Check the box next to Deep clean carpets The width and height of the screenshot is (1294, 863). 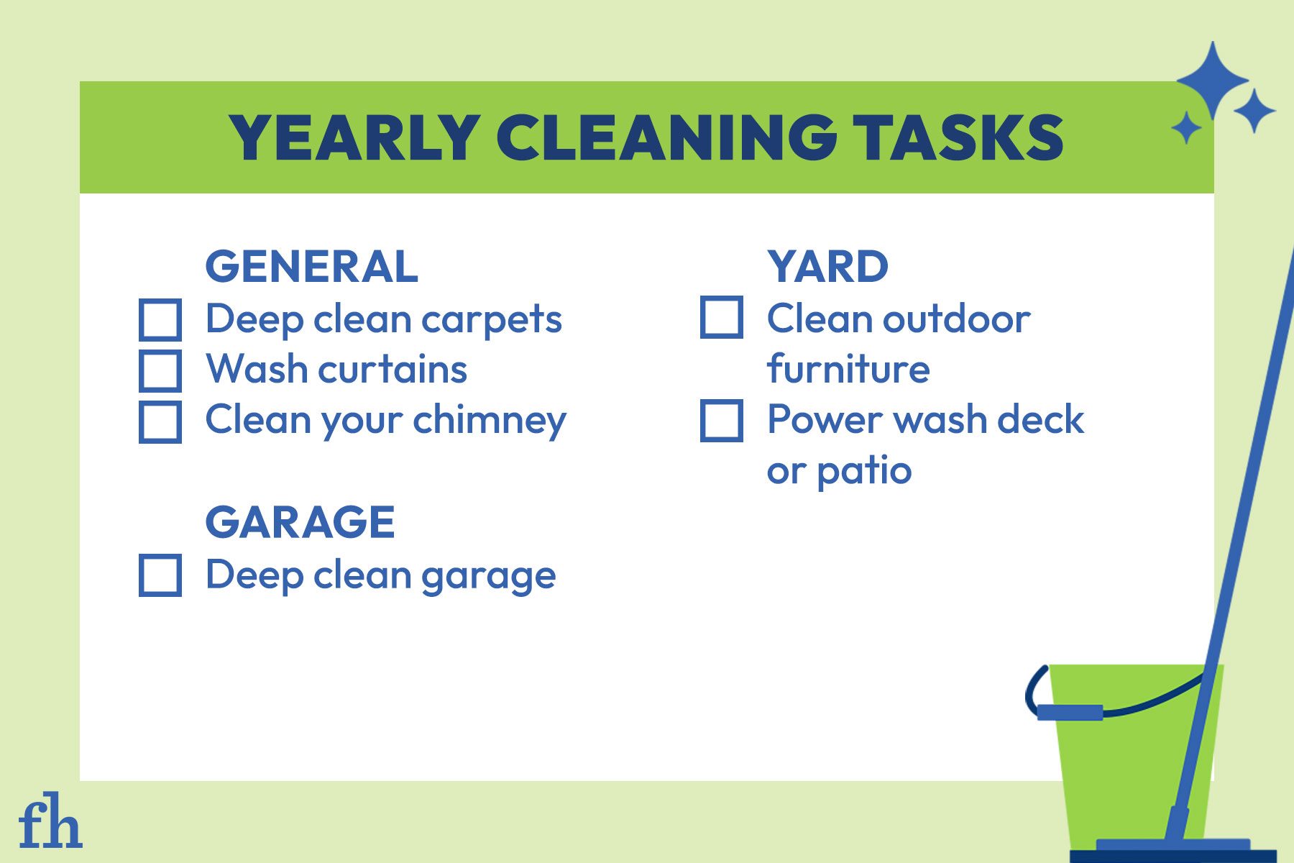coord(160,320)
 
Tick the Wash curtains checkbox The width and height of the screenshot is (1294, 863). coord(160,370)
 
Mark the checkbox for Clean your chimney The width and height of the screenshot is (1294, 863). coord(160,421)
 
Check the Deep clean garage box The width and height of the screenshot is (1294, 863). coord(160,575)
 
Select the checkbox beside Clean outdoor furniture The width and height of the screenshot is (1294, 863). coord(721,318)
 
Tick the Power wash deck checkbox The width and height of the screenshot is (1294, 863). coord(721,421)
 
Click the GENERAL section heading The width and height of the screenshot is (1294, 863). coord(311,267)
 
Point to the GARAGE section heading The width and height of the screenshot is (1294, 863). coord(300,522)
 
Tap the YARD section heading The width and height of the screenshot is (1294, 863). coord(827,267)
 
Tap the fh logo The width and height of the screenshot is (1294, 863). coord(50,821)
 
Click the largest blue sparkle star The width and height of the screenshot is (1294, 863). coord(1212,80)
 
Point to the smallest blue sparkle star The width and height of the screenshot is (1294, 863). coord(1186,129)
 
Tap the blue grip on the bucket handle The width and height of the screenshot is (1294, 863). coord(1070,712)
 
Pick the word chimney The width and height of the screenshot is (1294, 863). coord(490,421)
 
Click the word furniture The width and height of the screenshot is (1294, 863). coord(848,370)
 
